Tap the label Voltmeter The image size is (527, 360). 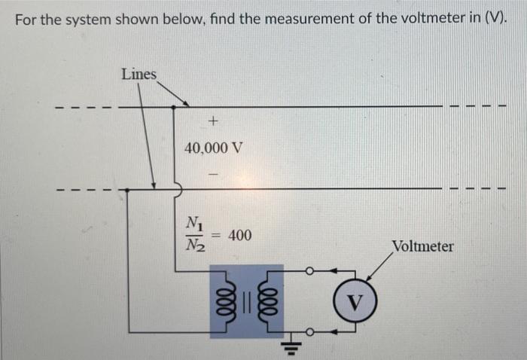point(422,246)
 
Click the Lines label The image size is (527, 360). point(139,74)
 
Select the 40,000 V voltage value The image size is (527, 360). point(214,148)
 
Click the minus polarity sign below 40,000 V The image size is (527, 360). point(213,174)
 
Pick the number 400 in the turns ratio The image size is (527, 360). point(239,236)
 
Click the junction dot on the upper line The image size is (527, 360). point(175,107)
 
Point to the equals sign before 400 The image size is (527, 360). point(217,236)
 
